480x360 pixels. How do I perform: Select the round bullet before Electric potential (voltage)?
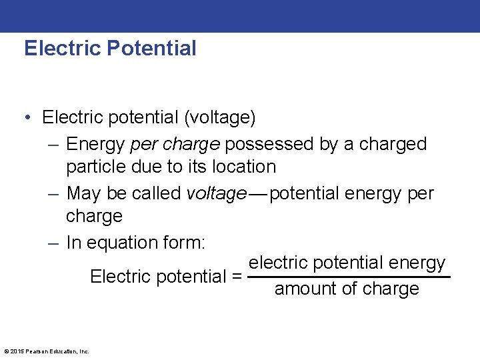tap(29, 118)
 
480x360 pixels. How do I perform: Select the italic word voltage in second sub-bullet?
tap(216, 193)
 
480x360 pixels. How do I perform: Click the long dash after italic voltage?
tap(258, 194)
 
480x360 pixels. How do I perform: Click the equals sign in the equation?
tap(236, 276)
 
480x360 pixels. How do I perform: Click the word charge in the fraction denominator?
tap(393, 289)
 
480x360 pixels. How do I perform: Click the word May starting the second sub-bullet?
tap(83, 193)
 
